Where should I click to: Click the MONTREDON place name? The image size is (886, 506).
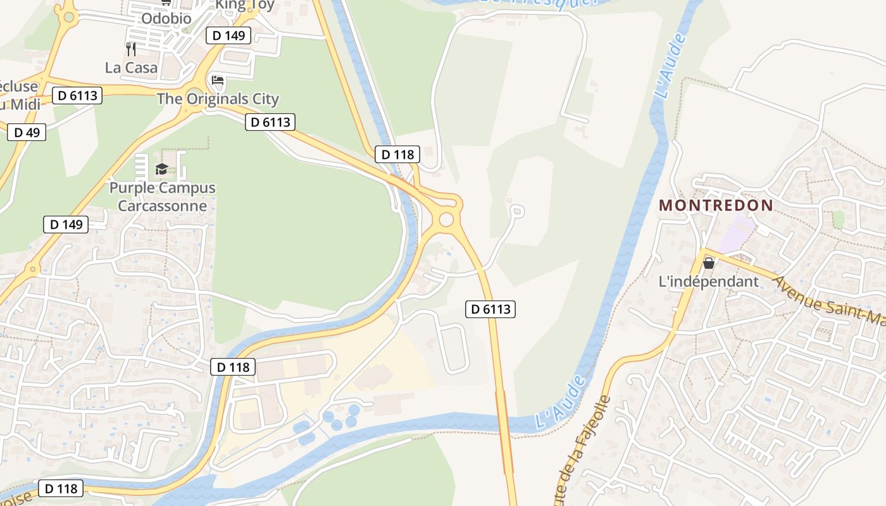[716, 205]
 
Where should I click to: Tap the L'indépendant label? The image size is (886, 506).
[709, 282]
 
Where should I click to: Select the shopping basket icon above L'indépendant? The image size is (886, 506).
[709, 262]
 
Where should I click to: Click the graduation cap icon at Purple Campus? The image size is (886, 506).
[161, 169]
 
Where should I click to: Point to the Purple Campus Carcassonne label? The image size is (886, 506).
[163, 197]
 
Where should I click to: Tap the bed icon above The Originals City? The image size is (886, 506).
[217, 80]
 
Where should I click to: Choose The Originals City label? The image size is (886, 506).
[218, 99]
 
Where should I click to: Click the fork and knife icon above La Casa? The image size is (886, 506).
[131, 49]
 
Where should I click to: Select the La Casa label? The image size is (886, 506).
[131, 67]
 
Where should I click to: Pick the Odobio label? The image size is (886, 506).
[166, 18]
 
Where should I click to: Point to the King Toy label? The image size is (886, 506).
[245, 5]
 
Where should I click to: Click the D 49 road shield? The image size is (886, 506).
[27, 132]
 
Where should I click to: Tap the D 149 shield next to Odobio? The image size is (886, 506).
[228, 35]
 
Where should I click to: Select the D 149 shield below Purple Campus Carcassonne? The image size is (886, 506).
[66, 225]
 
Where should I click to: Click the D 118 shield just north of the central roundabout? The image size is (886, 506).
[397, 154]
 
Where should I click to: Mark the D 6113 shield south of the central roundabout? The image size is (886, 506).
[490, 309]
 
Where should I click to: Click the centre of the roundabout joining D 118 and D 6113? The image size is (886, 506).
[446, 219]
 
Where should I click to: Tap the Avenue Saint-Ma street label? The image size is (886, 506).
[829, 303]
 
